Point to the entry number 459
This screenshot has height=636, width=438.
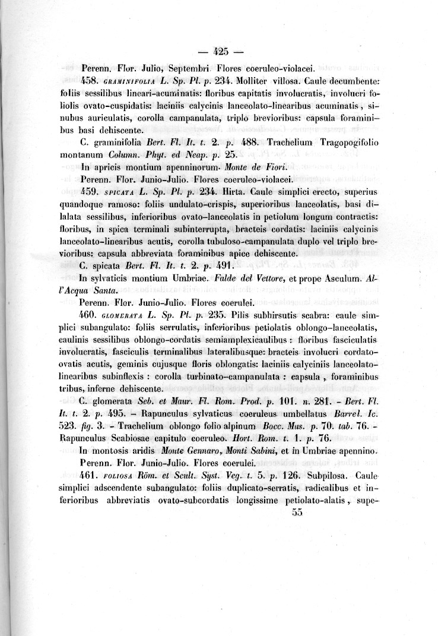click(89, 192)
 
